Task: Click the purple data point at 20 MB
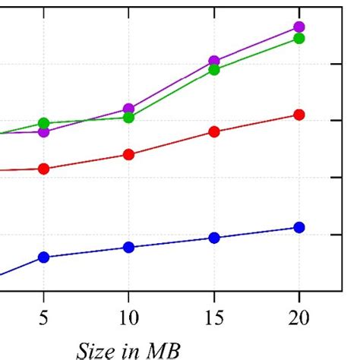tap(299, 27)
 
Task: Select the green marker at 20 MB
tap(299, 38)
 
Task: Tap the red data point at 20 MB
tap(299, 115)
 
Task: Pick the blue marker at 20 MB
tap(299, 227)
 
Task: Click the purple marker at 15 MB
tap(214, 61)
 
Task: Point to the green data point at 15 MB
tap(214, 70)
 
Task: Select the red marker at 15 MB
tap(214, 131)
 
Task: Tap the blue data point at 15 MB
tap(214, 238)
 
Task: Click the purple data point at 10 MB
tap(128, 109)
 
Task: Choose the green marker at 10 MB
tap(128, 118)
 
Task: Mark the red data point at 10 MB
tap(128, 154)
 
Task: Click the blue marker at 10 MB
tap(128, 247)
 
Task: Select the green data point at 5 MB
tap(43, 123)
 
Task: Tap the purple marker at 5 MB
tap(43, 132)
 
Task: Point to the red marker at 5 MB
tap(43, 169)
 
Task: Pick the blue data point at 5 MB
tap(43, 257)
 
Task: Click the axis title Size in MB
tap(128, 349)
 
